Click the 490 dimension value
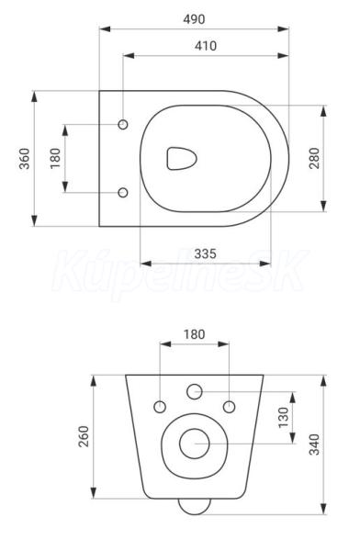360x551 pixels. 194,19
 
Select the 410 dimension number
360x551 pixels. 206,46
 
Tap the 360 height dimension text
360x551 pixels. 25,159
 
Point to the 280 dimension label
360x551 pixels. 314,158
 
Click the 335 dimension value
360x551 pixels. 206,253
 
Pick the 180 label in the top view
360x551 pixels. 55,159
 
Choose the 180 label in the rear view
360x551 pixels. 194,334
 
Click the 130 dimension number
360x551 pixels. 283,418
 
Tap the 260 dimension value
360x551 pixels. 84,436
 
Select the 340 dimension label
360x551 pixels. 314,444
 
